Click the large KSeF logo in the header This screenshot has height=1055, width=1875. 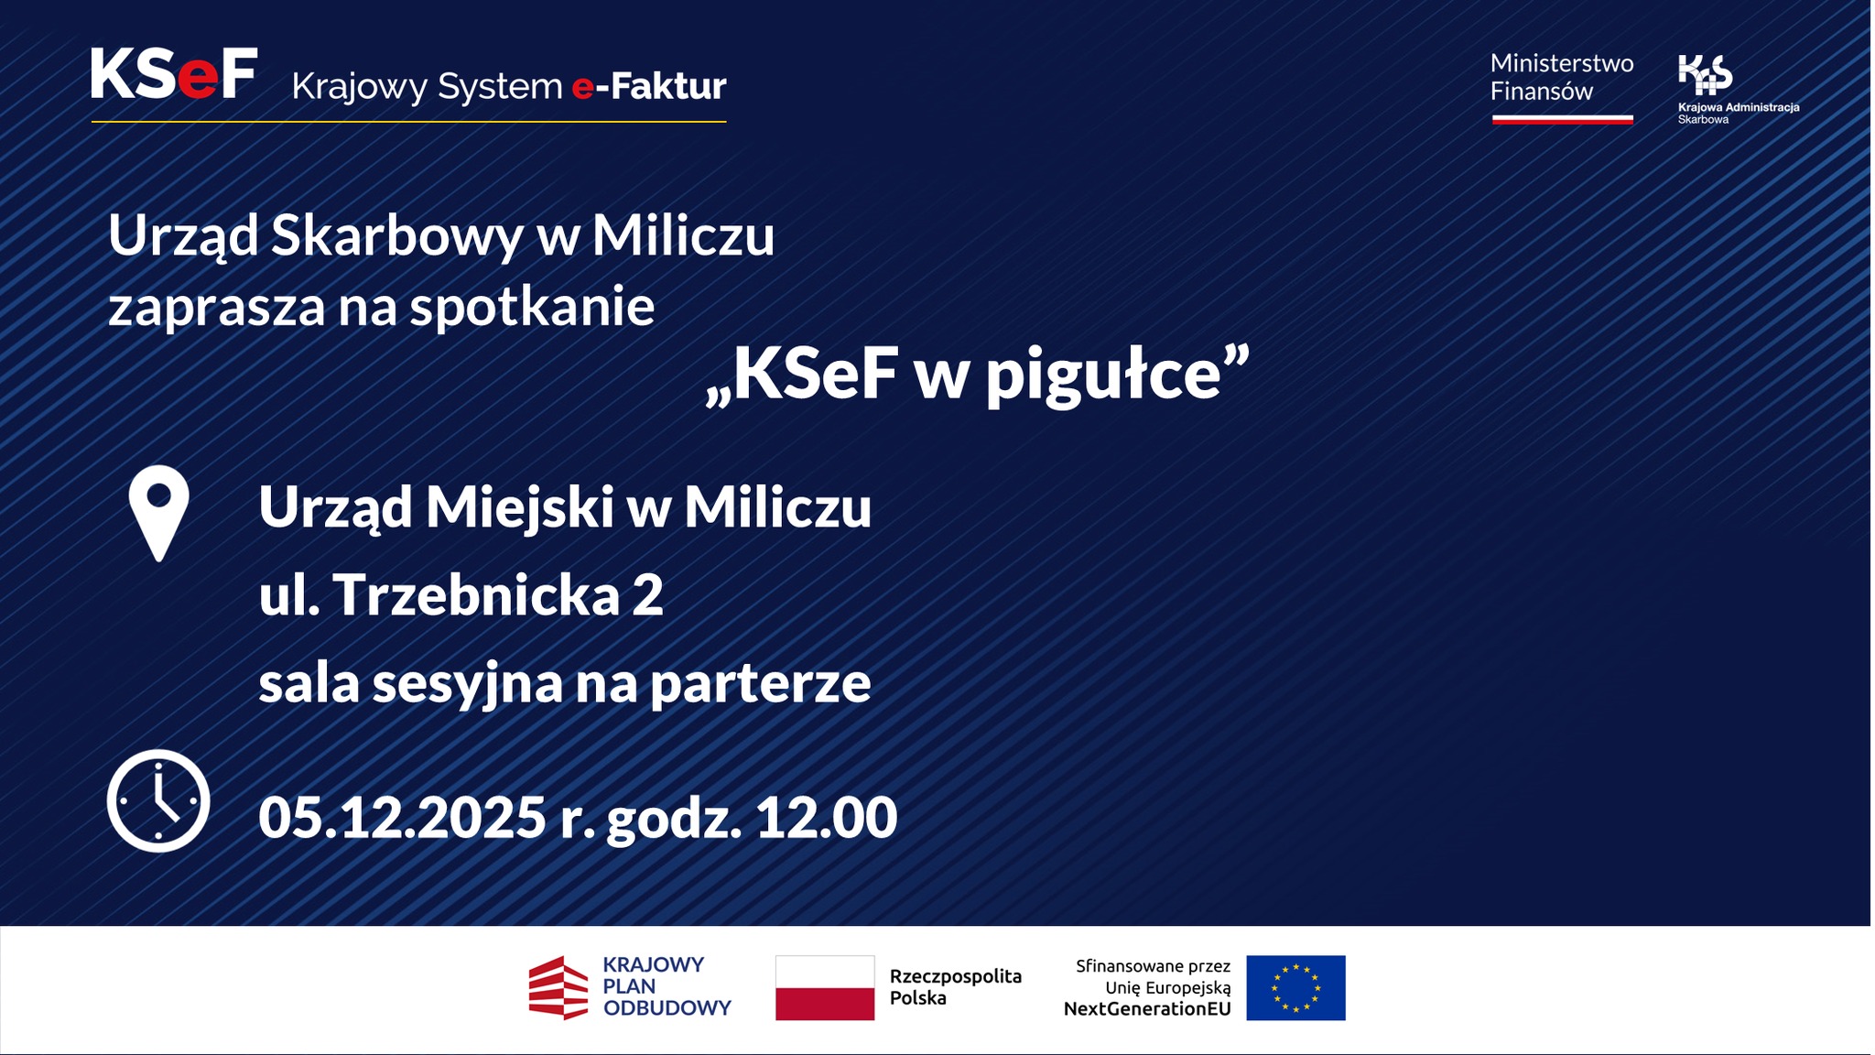click(173, 74)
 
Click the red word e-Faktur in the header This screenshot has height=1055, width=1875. click(648, 87)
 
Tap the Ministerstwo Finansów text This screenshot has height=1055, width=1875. click(1561, 77)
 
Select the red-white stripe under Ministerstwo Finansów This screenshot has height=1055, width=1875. click(1562, 119)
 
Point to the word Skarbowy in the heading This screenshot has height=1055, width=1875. click(396, 236)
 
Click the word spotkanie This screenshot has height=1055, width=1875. click(532, 307)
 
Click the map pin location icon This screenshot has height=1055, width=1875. click(158, 512)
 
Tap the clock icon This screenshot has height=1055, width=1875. click(158, 800)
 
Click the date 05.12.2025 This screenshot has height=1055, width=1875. click(401, 817)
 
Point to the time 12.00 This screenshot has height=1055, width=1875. click(826, 817)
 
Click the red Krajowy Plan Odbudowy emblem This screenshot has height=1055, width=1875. click(558, 987)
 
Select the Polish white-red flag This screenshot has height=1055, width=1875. click(824, 987)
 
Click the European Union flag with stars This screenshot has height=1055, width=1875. click(1295, 987)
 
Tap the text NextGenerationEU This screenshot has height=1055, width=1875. click(1146, 1009)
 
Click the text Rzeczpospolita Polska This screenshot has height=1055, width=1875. click(955, 987)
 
